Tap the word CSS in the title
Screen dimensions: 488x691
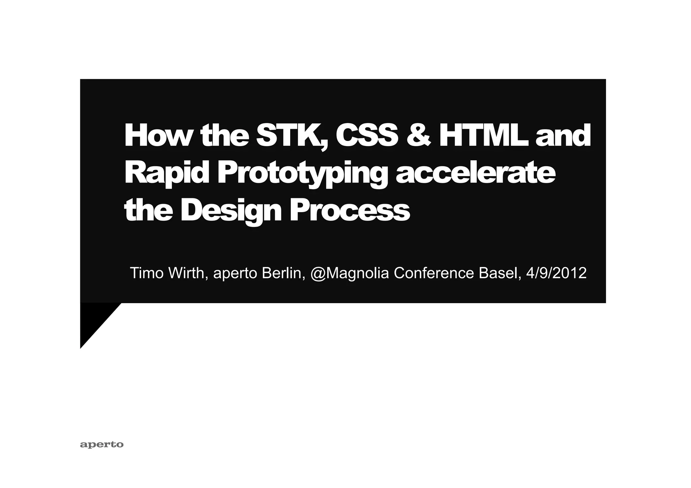(367, 136)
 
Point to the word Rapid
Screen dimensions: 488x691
(165, 173)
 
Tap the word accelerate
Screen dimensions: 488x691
(475, 173)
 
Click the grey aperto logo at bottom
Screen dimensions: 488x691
(102, 444)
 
